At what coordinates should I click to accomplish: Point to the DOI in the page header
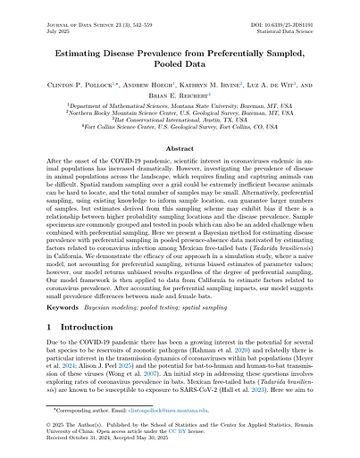click(280, 10)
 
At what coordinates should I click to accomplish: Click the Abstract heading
click(179, 150)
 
